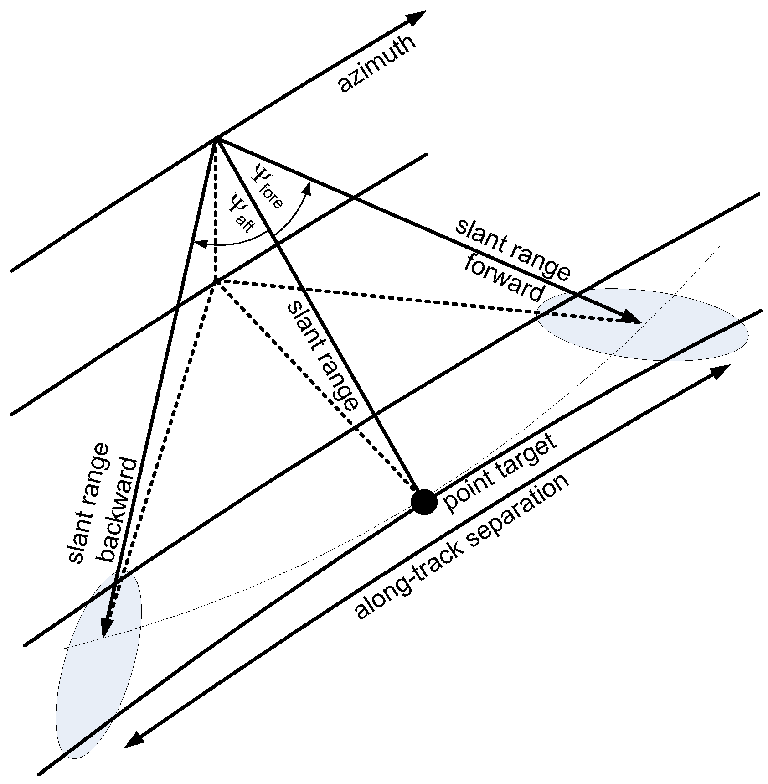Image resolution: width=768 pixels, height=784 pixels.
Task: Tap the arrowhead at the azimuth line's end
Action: coord(417,17)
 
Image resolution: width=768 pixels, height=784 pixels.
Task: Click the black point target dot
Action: coord(424,502)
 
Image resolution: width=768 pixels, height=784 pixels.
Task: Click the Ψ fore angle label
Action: coord(267,187)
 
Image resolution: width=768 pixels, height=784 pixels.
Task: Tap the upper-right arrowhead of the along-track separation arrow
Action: coord(721,371)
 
